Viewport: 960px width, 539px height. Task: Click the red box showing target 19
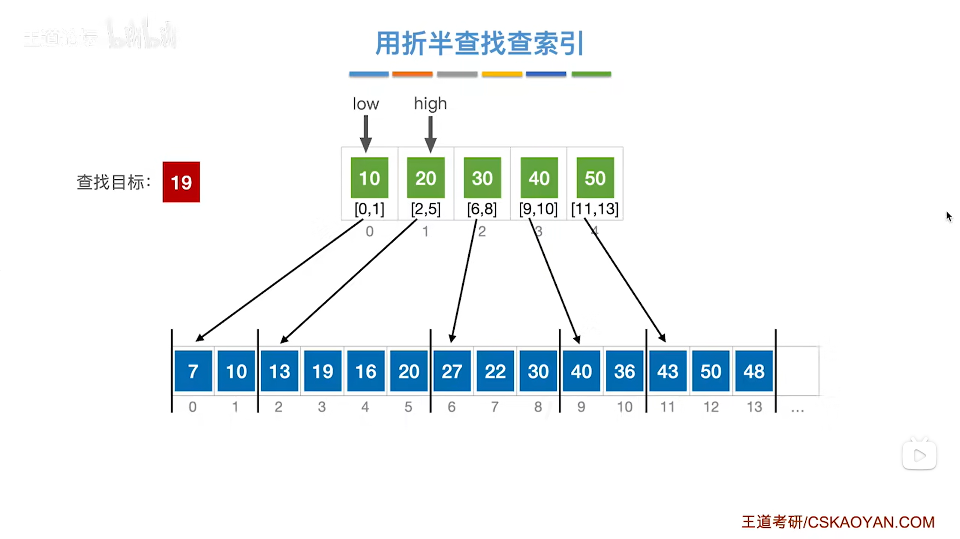pos(181,182)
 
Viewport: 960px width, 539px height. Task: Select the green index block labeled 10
pos(369,178)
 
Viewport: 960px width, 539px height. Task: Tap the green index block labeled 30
pos(482,178)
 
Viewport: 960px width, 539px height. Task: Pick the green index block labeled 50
pos(595,178)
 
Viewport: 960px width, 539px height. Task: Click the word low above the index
pos(366,104)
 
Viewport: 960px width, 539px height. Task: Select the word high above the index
pos(430,104)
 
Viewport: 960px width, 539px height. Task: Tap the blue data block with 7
pos(193,371)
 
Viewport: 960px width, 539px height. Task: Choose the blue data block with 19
pos(323,371)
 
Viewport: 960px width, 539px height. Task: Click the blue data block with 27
pos(452,371)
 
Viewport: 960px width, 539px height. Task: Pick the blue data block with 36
pos(624,371)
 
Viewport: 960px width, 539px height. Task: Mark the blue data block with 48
pos(754,371)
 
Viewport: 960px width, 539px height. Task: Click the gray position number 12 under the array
pos(711,407)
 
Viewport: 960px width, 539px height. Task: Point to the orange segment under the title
pos(412,74)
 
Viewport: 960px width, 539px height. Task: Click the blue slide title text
pos(479,43)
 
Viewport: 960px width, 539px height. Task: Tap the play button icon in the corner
pos(919,455)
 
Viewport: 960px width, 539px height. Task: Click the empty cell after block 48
pos(797,371)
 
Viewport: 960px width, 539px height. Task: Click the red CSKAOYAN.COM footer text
pos(838,522)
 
